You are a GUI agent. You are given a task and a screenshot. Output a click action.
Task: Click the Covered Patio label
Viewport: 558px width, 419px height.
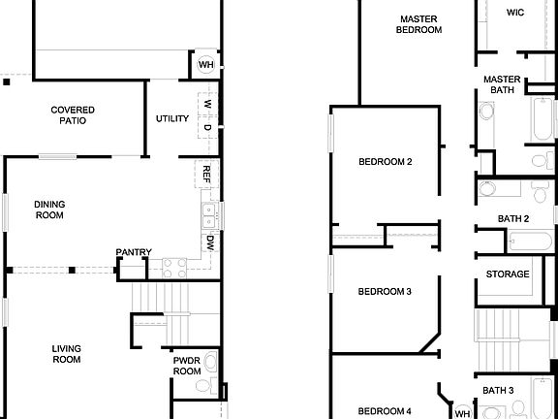[x=73, y=115]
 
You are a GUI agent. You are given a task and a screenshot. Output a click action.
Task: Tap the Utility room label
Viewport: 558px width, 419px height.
[x=172, y=119]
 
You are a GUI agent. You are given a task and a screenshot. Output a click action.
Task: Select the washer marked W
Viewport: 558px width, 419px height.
[x=207, y=103]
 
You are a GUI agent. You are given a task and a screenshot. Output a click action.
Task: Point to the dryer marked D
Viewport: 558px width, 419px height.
[x=207, y=127]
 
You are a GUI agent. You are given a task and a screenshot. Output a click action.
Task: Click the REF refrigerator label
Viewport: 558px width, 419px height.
[x=206, y=174]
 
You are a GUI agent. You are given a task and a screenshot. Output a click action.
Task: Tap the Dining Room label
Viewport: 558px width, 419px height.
[x=49, y=209]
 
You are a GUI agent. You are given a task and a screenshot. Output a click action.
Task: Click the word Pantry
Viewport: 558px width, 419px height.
[x=134, y=253]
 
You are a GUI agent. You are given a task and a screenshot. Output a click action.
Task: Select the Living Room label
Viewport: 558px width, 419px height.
[x=67, y=353]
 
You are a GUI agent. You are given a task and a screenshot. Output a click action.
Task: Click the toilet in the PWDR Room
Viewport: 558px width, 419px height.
[x=201, y=385]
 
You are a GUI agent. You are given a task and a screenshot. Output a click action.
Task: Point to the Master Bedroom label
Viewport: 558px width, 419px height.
[x=418, y=24]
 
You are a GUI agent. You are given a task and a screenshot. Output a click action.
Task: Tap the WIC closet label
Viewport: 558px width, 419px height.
[x=515, y=13]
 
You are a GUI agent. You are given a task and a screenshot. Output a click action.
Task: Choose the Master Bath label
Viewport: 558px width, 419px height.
[x=502, y=84]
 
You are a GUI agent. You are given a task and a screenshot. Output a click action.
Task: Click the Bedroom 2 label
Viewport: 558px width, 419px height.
[x=386, y=161]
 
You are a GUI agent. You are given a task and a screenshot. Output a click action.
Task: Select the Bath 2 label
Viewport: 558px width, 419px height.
[x=513, y=219]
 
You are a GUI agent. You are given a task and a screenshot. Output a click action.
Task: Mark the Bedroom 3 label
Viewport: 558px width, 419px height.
[x=386, y=291]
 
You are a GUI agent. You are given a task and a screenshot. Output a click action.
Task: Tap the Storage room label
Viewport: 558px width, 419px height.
[x=508, y=274]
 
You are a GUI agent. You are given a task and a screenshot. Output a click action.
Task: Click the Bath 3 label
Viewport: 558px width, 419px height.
[x=498, y=391]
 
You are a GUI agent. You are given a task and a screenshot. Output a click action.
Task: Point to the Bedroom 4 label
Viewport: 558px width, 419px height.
[x=386, y=410]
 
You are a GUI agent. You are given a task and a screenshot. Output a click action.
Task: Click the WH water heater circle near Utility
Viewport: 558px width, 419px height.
[x=206, y=65]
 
